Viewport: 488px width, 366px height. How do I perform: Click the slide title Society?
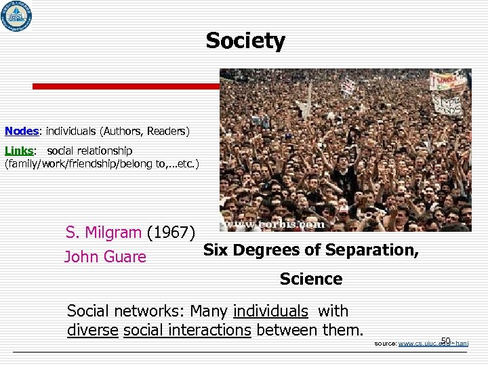(x=245, y=41)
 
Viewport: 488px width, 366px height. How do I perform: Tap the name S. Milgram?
(x=104, y=233)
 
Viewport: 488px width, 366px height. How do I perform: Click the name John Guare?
(x=105, y=257)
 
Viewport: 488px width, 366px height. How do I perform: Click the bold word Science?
(x=311, y=279)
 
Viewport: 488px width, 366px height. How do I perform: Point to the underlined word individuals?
(x=270, y=311)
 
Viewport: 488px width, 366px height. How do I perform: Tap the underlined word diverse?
(x=93, y=330)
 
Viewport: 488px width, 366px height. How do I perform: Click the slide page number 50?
(x=445, y=340)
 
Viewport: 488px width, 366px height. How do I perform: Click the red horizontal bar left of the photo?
(x=125, y=87)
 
